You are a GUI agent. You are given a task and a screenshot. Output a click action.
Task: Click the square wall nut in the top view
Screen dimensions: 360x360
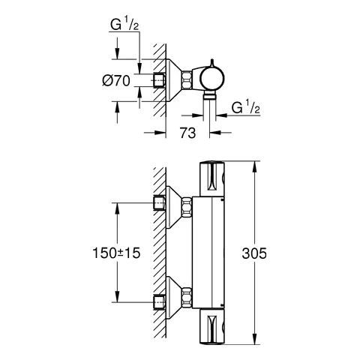click(160, 79)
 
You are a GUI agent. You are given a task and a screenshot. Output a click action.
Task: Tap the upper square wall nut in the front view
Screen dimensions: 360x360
click(160, 203)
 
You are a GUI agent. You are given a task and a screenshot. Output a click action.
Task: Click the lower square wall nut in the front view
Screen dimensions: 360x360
click(160, 303)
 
